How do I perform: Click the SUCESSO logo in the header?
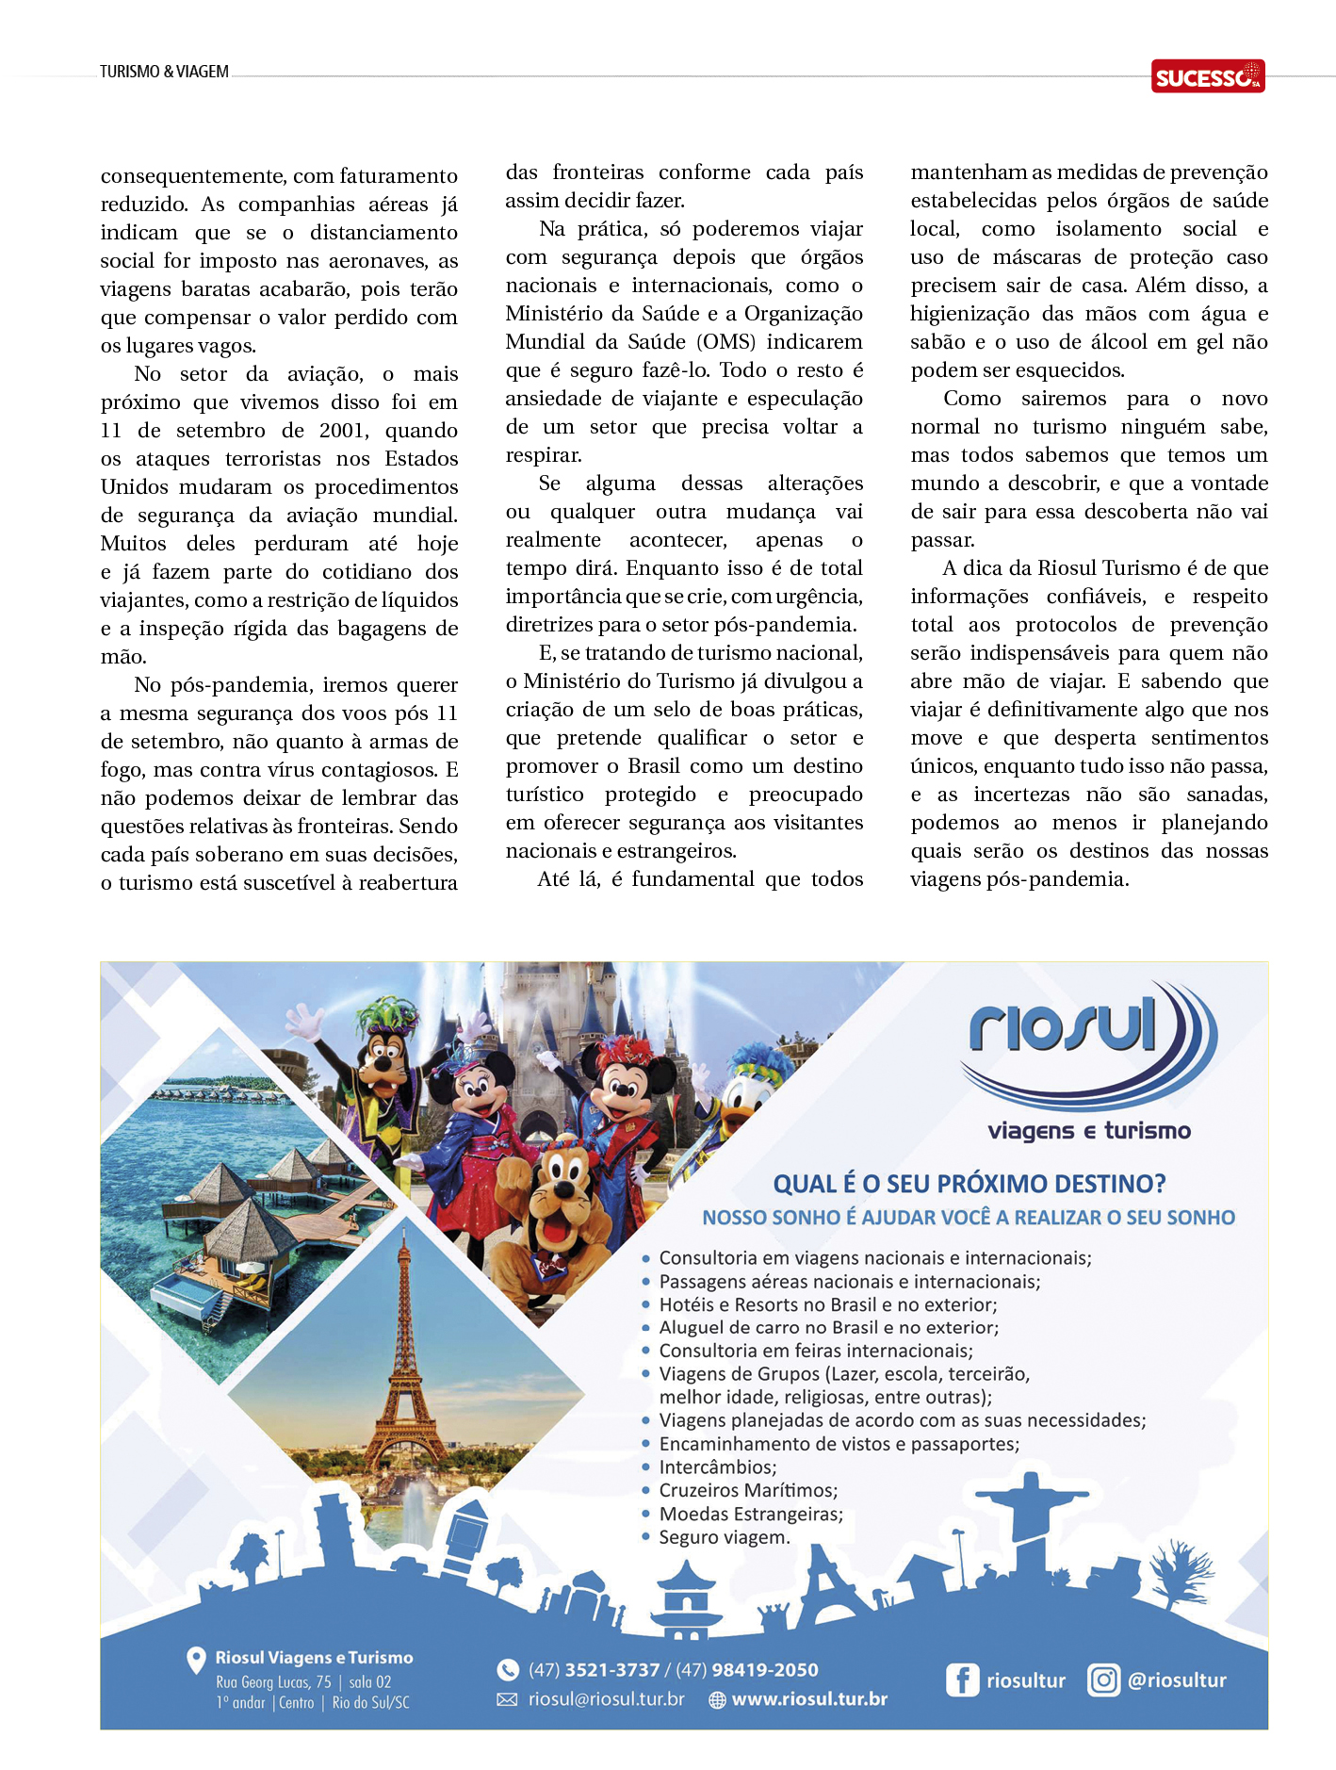1207,76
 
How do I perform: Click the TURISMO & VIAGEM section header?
164,72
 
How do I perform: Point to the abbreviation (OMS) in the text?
726,342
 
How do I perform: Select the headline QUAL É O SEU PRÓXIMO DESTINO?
969,1184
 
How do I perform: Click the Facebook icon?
962,1680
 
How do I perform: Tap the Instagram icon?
1103,1680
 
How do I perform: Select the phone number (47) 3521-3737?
594,1670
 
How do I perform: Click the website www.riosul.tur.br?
809,1699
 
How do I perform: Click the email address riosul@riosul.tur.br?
606,1699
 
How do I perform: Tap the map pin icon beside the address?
196,1660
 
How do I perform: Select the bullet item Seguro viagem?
724,1537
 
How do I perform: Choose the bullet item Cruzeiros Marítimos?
748,1490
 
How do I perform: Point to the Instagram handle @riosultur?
1177,1680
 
